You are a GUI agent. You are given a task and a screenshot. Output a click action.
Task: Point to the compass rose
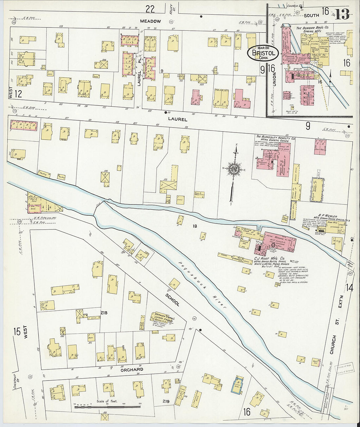coord(234,169)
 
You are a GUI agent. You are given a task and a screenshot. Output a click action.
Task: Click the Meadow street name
coord(150,21)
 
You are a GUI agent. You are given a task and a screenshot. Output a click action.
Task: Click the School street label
coord(172,299)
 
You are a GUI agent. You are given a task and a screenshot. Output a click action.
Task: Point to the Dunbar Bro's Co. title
coord(312,28)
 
